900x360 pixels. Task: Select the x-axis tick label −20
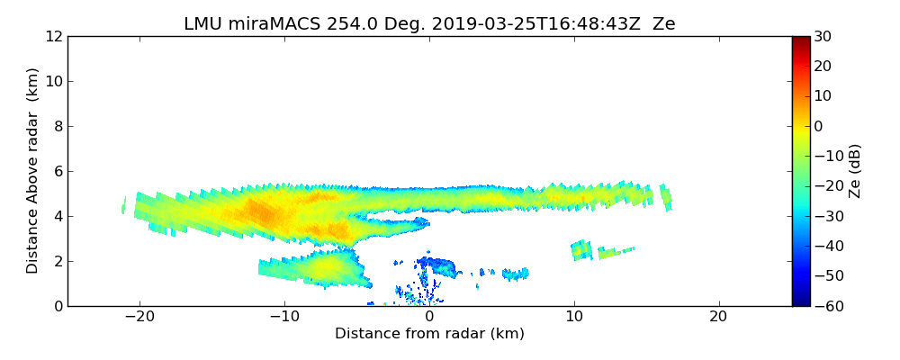pyautogui.click(x=139, y=317)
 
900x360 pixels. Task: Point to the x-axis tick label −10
pyautogui.click(x=284, y=317)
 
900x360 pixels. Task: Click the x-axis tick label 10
pyautogui.click(x=574, y=317)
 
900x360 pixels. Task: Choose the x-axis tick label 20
pyautogui.click(x=718, y=317)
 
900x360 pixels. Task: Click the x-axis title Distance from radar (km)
pyautogui.click(x=429, y=334)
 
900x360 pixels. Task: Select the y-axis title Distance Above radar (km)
pyautogui.click(x=33, y=171)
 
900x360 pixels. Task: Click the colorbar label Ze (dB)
pyautogui.click(x=855, y=171)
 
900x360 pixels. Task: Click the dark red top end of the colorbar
pyautogui.click(x=801, y=40)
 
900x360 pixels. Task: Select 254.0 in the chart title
pyautogui.click(x=342, y=24)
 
